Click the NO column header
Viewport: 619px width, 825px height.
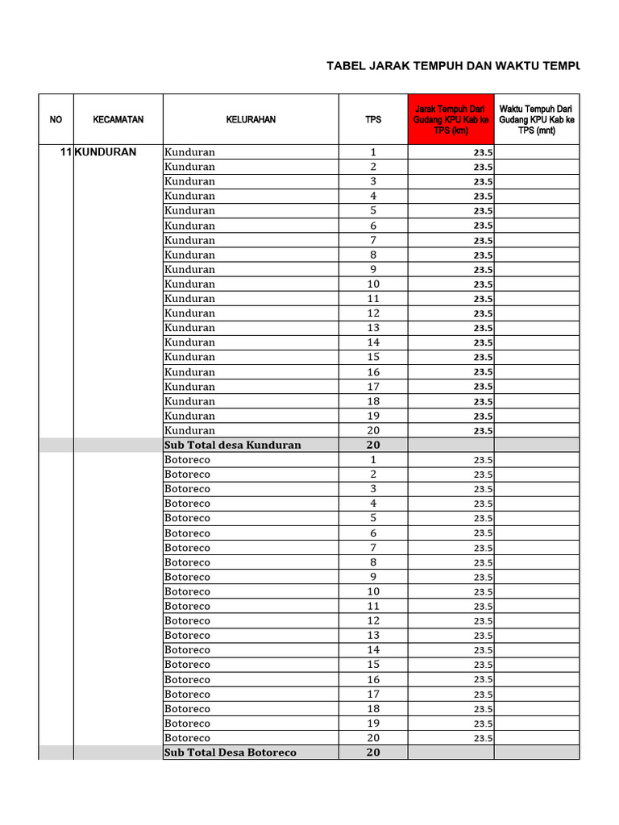tap(56, 119)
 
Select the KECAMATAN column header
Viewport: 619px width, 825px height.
tap(118, 119)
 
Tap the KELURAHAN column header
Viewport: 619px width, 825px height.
tap(251, 119)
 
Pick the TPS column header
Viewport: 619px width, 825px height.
tap(373, 119)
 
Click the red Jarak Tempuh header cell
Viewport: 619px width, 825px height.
tap(451, 119)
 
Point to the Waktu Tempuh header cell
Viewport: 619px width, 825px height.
tap(536, 119)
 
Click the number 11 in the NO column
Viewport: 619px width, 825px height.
tap(66, 152)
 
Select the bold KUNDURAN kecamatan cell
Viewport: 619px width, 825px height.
tap(106, 152)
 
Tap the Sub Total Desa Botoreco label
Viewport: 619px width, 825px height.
tap(231, 752)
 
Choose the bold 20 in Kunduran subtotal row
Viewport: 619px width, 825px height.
tap(373, 445)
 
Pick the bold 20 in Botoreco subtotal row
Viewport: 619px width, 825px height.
tap(373, 752)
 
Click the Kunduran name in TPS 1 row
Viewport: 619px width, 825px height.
tap(190, 152)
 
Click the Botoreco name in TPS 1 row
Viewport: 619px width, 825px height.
tap(188, 460)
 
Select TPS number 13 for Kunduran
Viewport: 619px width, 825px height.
tap(373, 328)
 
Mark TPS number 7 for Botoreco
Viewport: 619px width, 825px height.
tap(373, 548)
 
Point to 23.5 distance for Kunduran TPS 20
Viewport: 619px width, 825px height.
tap(483, 431)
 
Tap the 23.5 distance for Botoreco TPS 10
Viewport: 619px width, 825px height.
tap(483, 592)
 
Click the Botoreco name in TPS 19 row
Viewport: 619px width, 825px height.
tap(188, 723)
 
